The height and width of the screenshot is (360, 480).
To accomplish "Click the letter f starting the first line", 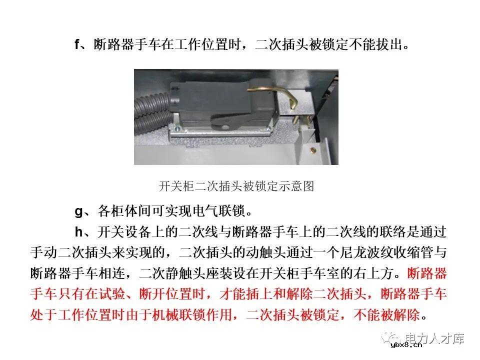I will coord(77,45).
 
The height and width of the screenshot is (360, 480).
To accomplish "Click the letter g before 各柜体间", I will coord(78,211).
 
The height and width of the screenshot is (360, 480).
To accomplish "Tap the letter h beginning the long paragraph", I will coord(78,232).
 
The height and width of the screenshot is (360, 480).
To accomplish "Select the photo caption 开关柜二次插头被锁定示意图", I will coord(236,187).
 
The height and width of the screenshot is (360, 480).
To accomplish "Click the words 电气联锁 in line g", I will coord(215,211).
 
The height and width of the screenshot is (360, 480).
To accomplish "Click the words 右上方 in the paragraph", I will coord(372,274).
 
